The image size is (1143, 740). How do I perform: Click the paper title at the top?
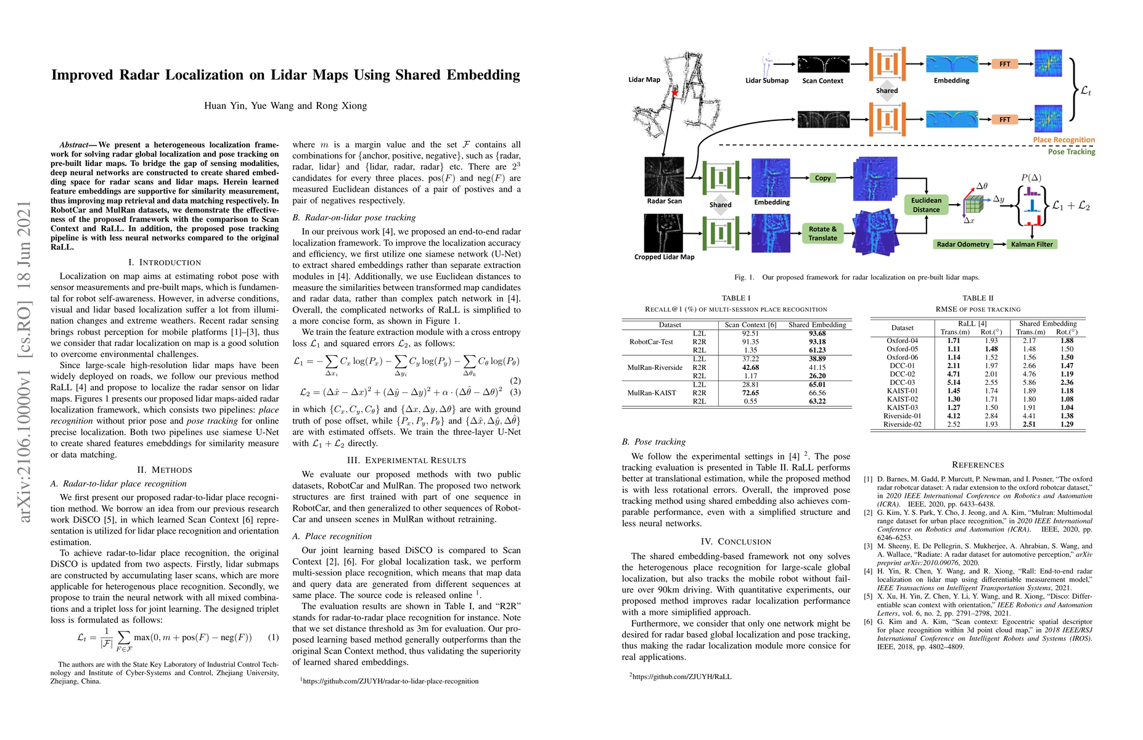point(285,75)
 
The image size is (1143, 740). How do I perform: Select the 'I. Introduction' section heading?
point(165,262)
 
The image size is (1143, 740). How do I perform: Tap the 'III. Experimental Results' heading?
point(406,460)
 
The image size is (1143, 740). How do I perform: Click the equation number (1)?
point(273,637)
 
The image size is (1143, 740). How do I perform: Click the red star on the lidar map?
point(675,93)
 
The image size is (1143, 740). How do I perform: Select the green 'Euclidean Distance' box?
point(926,205)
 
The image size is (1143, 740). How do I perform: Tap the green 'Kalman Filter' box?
point(1032,244)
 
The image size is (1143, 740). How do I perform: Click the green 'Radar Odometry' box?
point(962,244)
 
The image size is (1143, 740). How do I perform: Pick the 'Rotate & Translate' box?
point(822,233)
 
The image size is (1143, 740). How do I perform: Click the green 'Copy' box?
point(822,178)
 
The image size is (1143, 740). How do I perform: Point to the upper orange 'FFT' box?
point(1004,64)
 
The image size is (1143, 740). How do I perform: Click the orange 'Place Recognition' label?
point(1064,140)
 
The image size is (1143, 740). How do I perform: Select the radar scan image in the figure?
point(664,176)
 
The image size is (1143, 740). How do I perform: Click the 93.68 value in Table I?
point(817,334)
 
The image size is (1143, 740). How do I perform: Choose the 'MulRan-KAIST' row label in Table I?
point(652,393)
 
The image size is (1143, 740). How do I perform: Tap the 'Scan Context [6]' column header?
point(750,324)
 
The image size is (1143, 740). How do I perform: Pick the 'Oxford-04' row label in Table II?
point(902,340)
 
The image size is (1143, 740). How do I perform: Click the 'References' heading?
point(978,465)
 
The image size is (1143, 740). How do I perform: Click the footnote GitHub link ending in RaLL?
point(681,676)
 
